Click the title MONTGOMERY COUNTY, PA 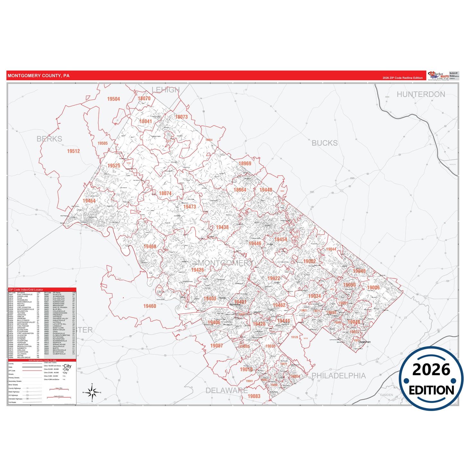click(x=38, y=76)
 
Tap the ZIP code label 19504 click(x=113, y=99)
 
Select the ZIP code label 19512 click(x=73, y=151)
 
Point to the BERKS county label click(x=49, y=139)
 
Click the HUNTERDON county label click(x=421, y=94)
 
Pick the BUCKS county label click(x=324, y=143)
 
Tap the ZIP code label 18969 click(x=245, y=163)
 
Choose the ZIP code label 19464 click(x=89, y=201)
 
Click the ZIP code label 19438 click(x=222, y=227)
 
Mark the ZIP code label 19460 click(x=150, y=306)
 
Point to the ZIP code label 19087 click(x=216, y=346)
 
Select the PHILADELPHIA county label click(x=338, y=376)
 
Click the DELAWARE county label click(x=226, y=390)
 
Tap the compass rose click(x=92, y=392)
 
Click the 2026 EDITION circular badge click(x=431, y=379)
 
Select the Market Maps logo click(x=438, y=75)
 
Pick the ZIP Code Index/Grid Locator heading click(x=26, y=290)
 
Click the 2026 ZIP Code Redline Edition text click(x=402, y=78)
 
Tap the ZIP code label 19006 click(x=373, y=288)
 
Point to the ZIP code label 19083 click(x=254, y=396)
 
